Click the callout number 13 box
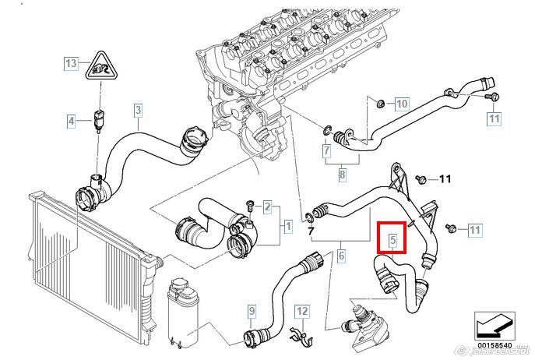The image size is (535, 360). click(x=71, y=63)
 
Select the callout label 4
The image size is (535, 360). click(x=71, y=121)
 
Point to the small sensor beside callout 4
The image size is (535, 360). click(x=98, y=120)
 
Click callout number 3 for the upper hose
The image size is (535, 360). click(x=138, y=110)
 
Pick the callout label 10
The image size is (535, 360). click(x=401, y=104)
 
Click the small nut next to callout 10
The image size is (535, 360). click(x=378, y=103)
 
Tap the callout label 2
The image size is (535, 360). click(x=267, y=207)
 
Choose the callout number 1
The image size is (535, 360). click(x=287, y=228)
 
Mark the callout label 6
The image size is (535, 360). click(x=341, y=255)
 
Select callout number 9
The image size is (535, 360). click(x=252, y=312)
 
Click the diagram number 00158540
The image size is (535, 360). click(x=494, y=345)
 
